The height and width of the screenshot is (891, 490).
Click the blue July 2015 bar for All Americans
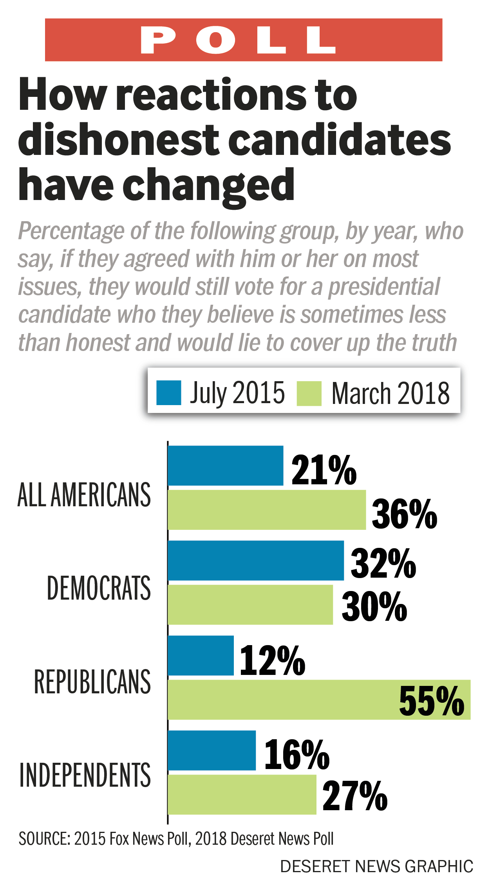click(x=225, y=466)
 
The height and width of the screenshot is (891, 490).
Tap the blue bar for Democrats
click(x=255, y=560)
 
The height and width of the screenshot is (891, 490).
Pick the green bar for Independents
click(x=242, y=795)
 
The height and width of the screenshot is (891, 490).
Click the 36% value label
click(x=404, y=514)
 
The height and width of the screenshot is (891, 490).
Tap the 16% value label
click(x=297, y=755)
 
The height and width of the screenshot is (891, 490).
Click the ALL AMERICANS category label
click(x=84, y=495)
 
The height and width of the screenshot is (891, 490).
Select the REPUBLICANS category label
click(x=92, y=682)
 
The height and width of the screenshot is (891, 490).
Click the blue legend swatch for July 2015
click(x=168, y=393)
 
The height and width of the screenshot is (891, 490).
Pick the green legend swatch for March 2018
click(x=309, y=393)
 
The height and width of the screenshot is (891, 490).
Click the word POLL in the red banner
click(x=238, y=40)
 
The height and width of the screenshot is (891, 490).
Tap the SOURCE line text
click(x=176, y=839)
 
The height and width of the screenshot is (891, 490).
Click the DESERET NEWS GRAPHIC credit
click(x=376, y=867)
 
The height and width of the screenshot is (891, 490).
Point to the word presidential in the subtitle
click(x=384, y=287)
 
